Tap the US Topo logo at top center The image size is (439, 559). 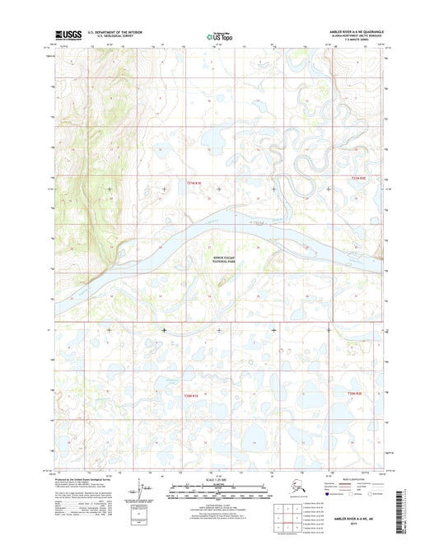click(218, 36)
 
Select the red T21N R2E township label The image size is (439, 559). click(357, 176)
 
